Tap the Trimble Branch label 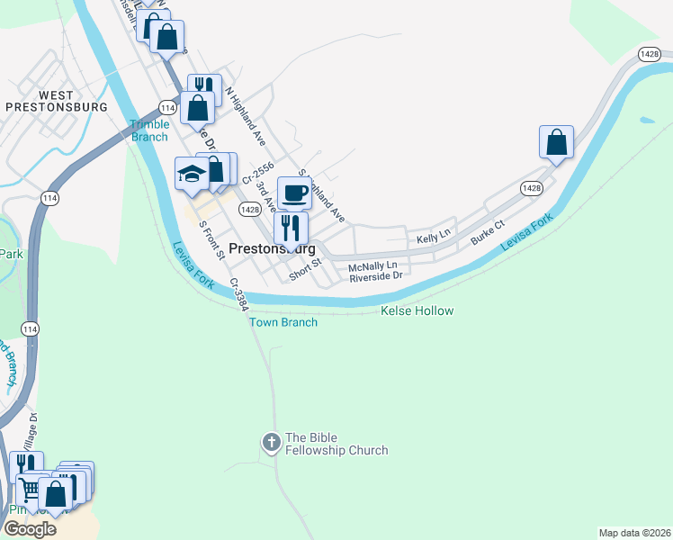149,130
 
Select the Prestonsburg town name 272,248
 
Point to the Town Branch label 283,322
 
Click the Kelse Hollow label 417,310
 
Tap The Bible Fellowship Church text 336,445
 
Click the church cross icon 271,442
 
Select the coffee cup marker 294,192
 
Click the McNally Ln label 372,265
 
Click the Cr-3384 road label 238,293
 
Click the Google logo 30,528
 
